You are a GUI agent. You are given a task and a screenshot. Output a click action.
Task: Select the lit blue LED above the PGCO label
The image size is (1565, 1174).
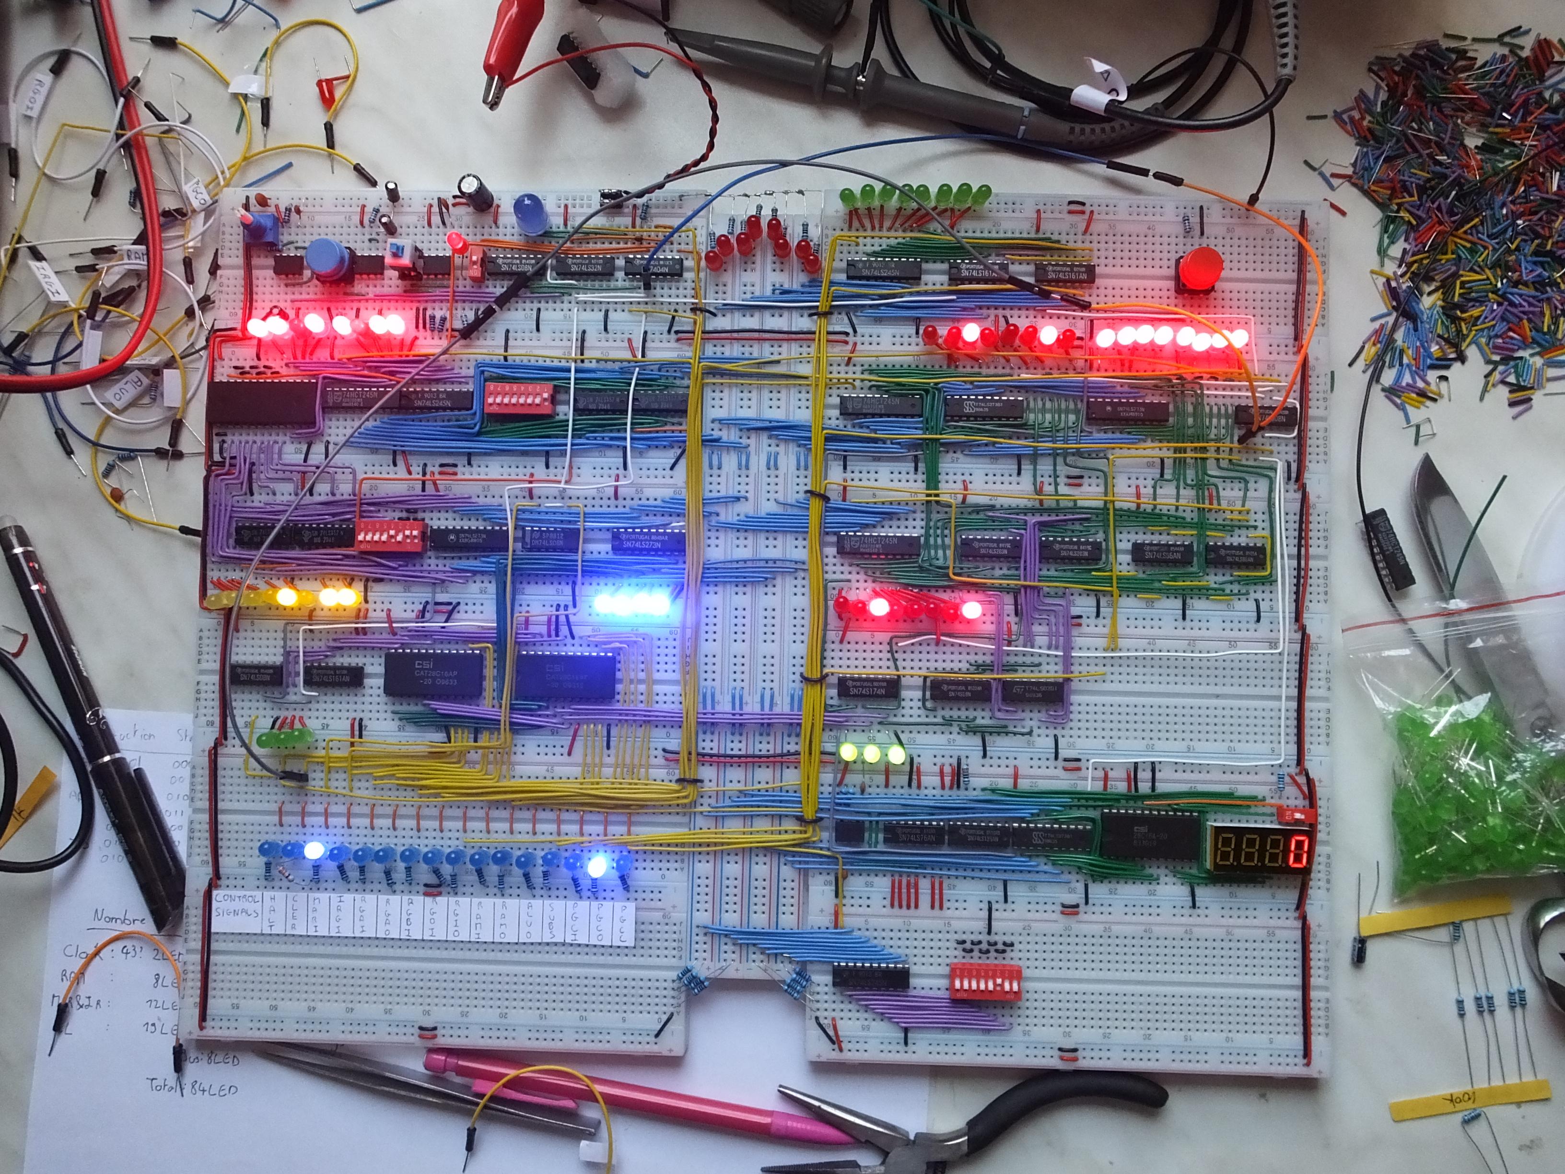[x=598, y=865]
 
